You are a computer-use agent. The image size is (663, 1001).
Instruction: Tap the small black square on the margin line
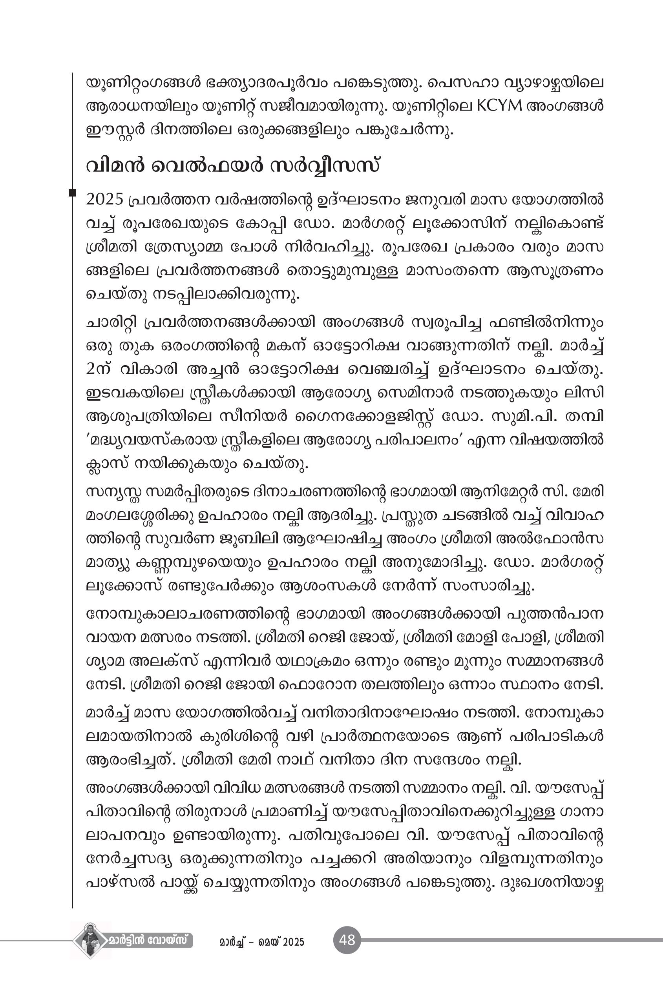click(x=72, y=193)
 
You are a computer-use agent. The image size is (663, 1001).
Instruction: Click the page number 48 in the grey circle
click(x=347, y=940)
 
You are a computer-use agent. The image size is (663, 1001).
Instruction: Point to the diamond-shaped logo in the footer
click(x=89, y=941)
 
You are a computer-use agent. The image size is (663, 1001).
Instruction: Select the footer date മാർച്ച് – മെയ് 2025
click(x=262, y=942)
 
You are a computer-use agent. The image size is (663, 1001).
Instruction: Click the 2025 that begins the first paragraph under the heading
click(x=104, y=199)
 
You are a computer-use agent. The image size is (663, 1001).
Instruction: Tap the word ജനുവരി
click(x=432, y=199)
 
